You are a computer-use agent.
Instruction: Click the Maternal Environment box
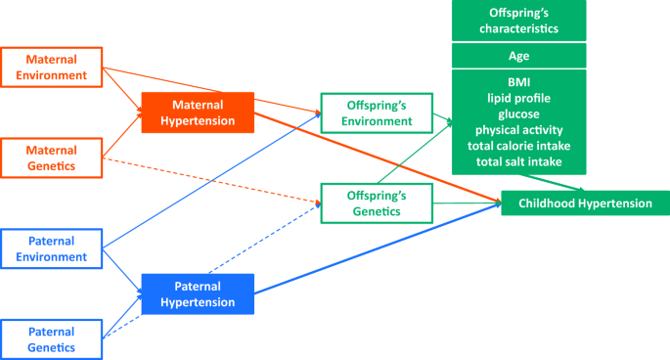pos(51,67)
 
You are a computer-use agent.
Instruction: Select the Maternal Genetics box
pos(51,159)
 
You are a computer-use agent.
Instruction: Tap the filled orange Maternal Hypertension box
pos(198,113)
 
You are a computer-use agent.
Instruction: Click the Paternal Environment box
pos(51,250)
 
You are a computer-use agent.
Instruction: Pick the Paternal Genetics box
pos(51,338)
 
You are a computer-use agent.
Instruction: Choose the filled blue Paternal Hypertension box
pos(198,294)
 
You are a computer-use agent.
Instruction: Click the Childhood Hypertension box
pos(585,203)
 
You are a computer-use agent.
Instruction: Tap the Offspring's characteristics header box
pos(518,21)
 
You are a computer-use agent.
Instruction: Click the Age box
pos(518,56)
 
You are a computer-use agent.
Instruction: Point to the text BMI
pos(518,81)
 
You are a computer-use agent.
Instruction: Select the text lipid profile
pos(518,97)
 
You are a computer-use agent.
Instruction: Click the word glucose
pos(518,112)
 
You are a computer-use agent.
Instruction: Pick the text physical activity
pos(518,129)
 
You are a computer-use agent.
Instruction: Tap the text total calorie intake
pos(518,145)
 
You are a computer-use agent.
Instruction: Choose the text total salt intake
pos(518,160)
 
